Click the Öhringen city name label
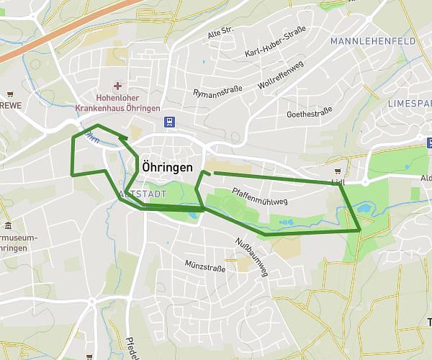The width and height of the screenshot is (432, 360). pyautogui.click(x=168, y=166)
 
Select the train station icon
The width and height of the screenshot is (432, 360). pyautogui.click(x=168, y=122)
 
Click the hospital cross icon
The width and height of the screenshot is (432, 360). pyautogui.click(x=118, y=86)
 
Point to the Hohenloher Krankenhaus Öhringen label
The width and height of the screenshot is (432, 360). pyautogui.click(x=118, y=102)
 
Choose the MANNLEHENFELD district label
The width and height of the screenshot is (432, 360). pyautogui.click(x=373, y=42)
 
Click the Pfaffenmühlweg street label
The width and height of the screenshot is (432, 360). pyautogui.click(x=259, y=196)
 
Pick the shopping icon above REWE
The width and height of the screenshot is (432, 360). pyautogui.click(x=10, y=94)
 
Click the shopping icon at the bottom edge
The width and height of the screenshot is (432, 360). pyautogui.click(x=89, y=356)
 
